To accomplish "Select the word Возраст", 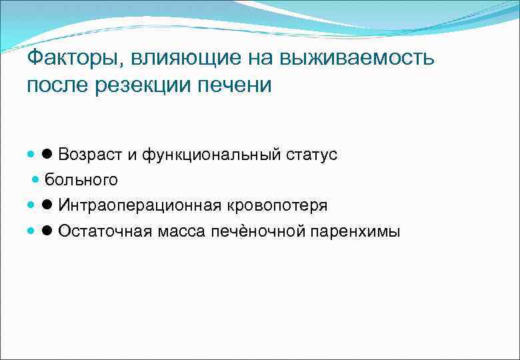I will coord(90,155).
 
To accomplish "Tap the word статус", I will coord(312,155).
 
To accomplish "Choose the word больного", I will coord(81,180).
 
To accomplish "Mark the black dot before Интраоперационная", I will coord(49,205).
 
